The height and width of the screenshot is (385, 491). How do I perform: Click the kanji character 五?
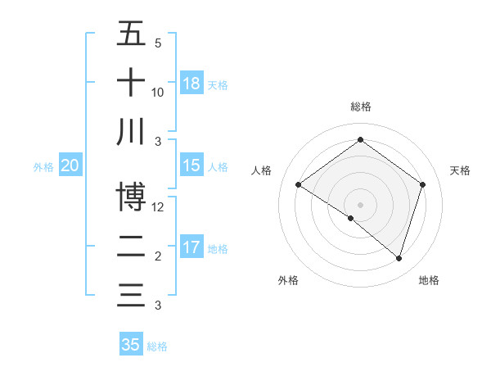pyautogui.click(x=131, y=34)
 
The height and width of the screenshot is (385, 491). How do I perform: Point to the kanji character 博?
pyautogui.click(x=131, y=197)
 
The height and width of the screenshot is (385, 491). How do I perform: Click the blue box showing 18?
pyautogui.click(x=191, y=83)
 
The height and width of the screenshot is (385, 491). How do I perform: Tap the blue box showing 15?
pyautogui.click(x=191, y=165)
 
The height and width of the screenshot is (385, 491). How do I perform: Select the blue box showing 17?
pyautogui.click(x=191, y=247)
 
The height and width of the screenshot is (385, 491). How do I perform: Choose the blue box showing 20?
pyautogui.click(x=70, y=165)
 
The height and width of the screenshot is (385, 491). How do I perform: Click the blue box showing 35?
pyautogui.click(x=131, y=345)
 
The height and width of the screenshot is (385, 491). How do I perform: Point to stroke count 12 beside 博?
pyautogui.click(x=159, y=207)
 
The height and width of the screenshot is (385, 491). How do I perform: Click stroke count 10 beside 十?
pyautogui.click(x=158, y=93)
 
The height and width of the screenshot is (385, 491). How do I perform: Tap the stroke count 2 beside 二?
pyautogui.click(x=158, y=256)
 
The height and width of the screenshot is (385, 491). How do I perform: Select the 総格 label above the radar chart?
pyautogui.click(x=360, y=106)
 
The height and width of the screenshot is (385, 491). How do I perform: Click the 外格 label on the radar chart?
pyautogui.click(x=288, y=280)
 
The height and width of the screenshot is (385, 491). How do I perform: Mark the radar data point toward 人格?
pyautogui.click(x=298, y=185)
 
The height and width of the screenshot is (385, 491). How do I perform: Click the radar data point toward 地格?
pyautogui.click(x=399, y=258)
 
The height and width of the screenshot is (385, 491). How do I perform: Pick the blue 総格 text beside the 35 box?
pyautogui.click(x=157, y=346)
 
